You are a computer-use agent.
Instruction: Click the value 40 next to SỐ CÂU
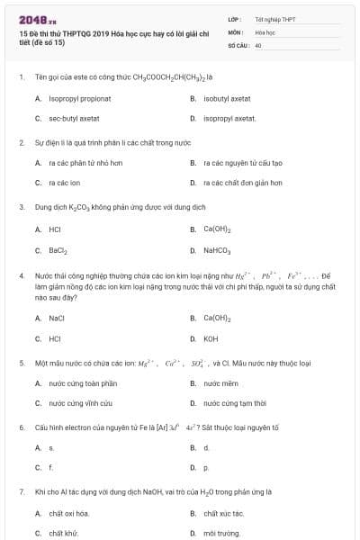258,44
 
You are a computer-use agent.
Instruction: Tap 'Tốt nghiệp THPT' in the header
275,19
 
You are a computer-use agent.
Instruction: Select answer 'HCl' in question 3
55,229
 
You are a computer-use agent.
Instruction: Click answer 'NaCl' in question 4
57,318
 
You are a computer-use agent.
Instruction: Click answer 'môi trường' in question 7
223,533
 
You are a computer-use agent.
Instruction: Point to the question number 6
21,426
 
